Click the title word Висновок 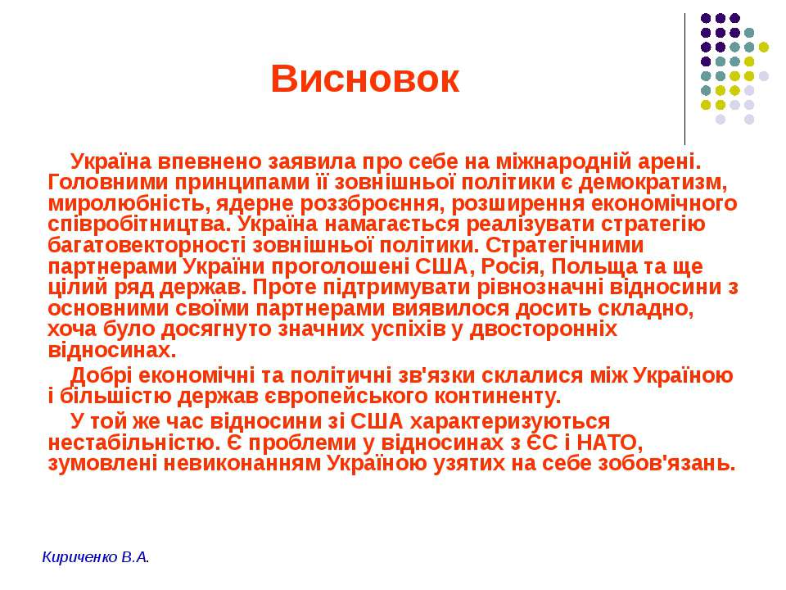[365, 79]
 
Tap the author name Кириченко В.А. [96, 557]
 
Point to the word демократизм [652, 183]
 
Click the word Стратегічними [565, 246]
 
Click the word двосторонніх [544, 329]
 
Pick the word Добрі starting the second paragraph [102, 375]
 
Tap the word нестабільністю [133, 443]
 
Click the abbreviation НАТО [607, 443]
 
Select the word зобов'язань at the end [666, 464]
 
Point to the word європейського [346, 397]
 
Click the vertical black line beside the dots [684, 79]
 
